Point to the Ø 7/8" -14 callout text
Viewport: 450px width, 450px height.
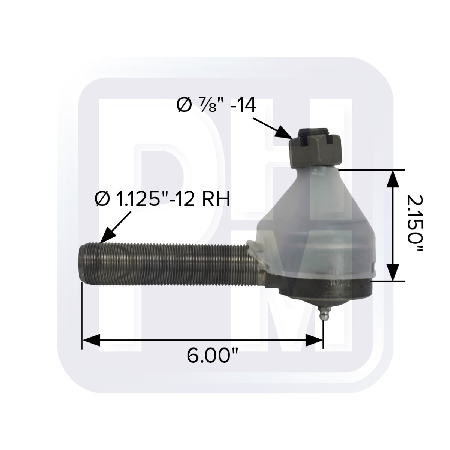pyautogui.click(x=216, y=105)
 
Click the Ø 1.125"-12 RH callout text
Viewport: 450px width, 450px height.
pyautogui.click(x=162, y=199)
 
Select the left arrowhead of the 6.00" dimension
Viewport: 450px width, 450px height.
pyautogui.click(x=91, y=340)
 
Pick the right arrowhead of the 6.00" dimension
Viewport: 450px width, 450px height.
pyautogui.click(x=314, y=340)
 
